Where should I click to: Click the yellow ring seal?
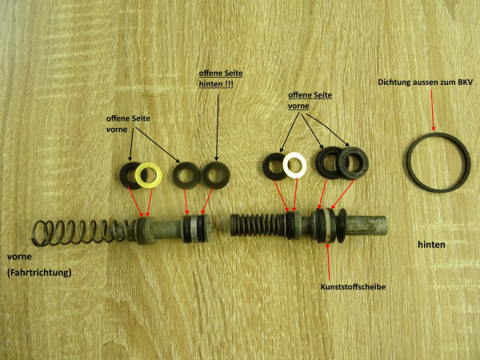[x=148, y=174]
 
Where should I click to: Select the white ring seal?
[x=296, y=165]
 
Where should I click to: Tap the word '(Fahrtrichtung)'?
[x=38, y=273]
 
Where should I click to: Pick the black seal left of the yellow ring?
[x=129, y=174]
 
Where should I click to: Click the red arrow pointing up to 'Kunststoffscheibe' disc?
[x=329, y=260]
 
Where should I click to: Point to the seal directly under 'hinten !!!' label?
[x=214, y=174]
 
